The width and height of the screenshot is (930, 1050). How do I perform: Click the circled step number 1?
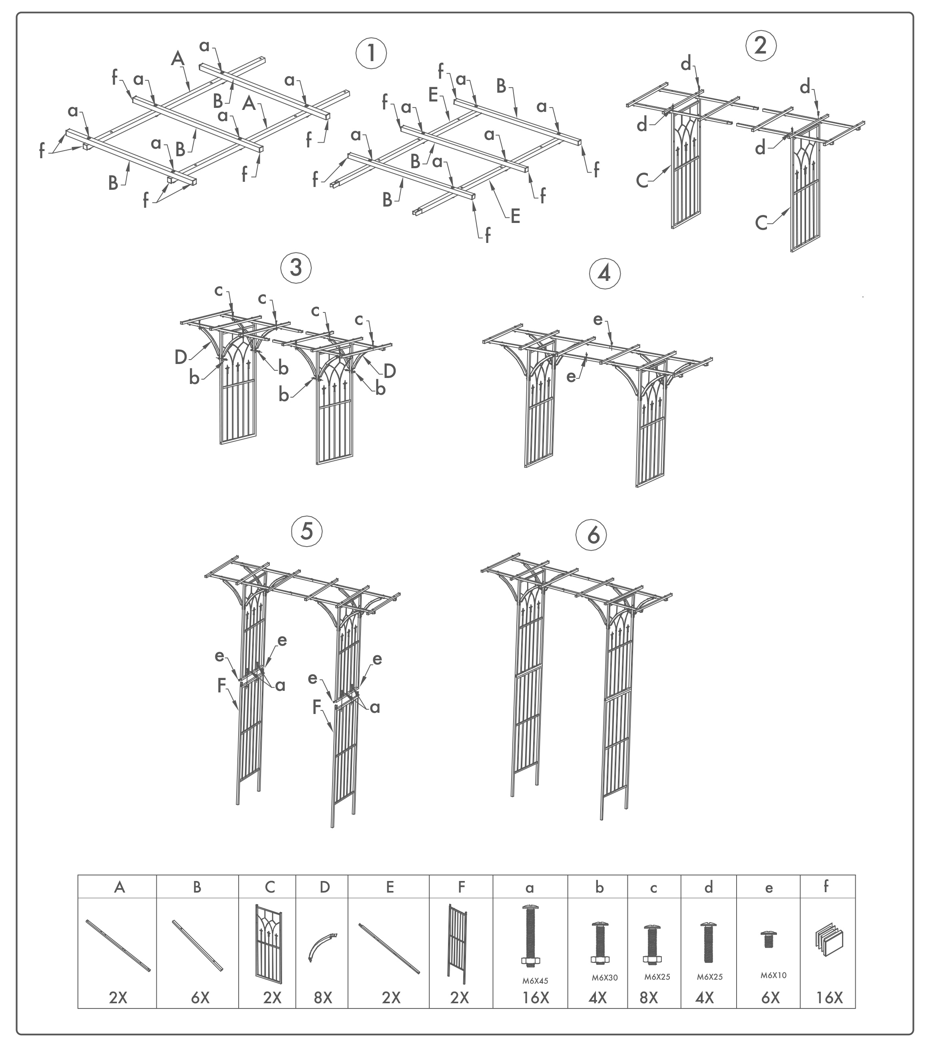(370, 54)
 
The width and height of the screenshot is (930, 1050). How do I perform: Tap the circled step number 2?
(761, 46)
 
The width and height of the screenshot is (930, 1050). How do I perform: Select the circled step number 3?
(296, 268)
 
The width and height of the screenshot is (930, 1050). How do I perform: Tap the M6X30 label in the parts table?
(604, 978)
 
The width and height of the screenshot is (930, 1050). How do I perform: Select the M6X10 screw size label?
(773, 975)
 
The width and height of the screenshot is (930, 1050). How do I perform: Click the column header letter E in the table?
(390, 887)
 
